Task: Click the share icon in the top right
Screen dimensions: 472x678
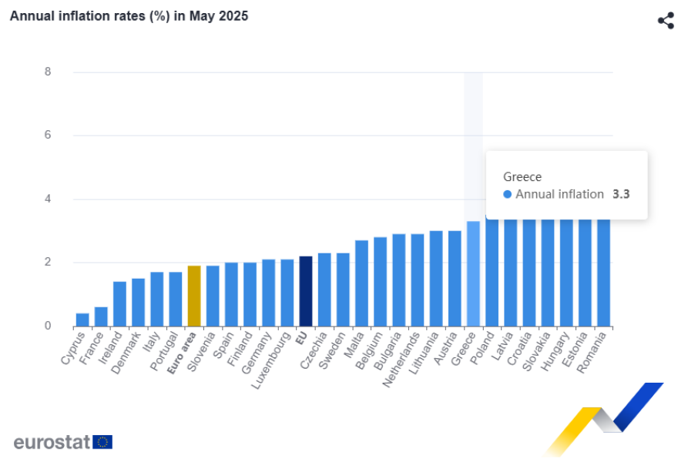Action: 666,21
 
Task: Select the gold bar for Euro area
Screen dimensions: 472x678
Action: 194,296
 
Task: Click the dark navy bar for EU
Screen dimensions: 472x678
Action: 305,291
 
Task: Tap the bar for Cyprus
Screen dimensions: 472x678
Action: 82,320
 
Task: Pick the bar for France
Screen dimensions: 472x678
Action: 101,316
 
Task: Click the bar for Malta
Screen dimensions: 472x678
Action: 361,283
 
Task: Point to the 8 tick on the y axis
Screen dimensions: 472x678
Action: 48,72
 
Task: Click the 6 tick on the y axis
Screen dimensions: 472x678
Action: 48,135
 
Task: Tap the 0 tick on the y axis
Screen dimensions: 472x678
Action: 48,326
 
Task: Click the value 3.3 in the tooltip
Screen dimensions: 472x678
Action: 621,194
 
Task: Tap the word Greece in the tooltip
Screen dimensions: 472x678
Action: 522,177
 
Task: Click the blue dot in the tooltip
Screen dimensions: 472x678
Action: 507,194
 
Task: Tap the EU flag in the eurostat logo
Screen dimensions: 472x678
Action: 102,442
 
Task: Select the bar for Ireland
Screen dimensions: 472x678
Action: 119,303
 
